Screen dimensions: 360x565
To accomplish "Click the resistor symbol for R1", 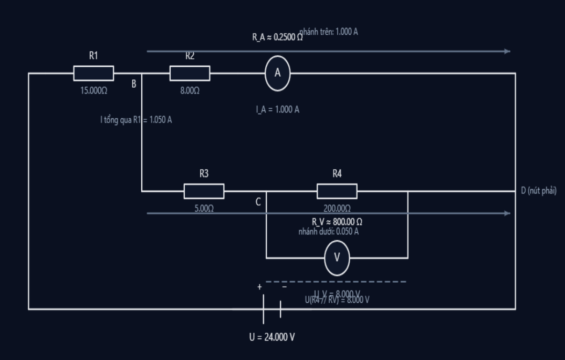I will (93, 73).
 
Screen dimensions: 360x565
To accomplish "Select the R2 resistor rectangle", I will (190, 73).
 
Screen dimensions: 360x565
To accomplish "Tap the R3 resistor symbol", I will (204, 191).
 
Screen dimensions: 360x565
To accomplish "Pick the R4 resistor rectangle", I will (337, 191).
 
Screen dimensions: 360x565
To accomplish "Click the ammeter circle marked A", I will (278, 74).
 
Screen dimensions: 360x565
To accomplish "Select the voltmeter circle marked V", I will (337, 258).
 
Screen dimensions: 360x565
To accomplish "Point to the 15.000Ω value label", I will (93, 90).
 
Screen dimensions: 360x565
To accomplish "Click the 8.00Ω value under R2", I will (190, 90).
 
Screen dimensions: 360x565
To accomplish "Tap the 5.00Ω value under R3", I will (204, 209).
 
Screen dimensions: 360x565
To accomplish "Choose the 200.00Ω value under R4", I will (337, 209).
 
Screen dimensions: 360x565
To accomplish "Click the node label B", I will (134, 84).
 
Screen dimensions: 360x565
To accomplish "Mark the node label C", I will (258, 202).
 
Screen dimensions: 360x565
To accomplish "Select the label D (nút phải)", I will (538, 191).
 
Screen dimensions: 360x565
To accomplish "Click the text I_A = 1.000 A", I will (278, 109).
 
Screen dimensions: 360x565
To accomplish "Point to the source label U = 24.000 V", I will (272, 337).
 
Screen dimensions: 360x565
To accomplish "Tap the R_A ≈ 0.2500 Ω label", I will (277, 38).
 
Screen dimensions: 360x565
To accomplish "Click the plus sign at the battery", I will (259, 287).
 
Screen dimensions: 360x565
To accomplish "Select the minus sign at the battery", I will (284, 287).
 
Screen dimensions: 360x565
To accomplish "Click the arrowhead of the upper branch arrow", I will (507, 52).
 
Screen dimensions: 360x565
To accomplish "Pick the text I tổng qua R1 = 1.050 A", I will (136, 120).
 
